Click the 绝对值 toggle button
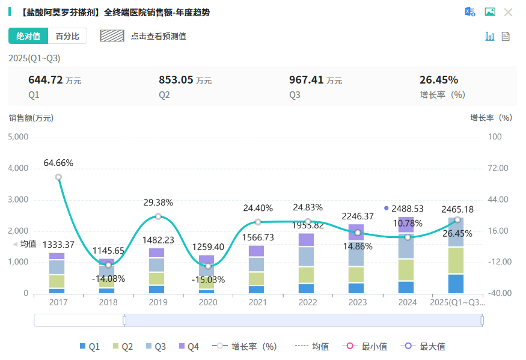28,36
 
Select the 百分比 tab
67,36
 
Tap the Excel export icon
469,12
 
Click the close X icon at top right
508,12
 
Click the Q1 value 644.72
46,80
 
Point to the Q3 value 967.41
307,80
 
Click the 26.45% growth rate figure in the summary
439,80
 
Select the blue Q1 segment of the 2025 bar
456,284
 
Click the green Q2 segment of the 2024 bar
406,270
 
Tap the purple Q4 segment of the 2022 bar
307,240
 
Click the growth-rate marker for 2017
58,177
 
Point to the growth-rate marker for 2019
158,216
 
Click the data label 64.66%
58,163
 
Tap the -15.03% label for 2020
208,279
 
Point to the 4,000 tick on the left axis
18,168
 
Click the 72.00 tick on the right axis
498,168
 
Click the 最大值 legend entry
426,346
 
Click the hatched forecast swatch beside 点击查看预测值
112,36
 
